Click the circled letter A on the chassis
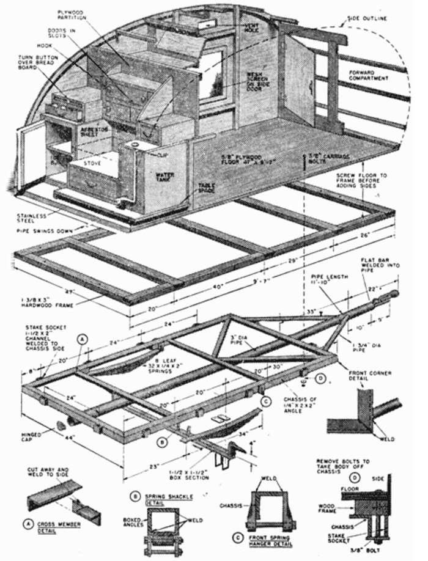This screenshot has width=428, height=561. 82,337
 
